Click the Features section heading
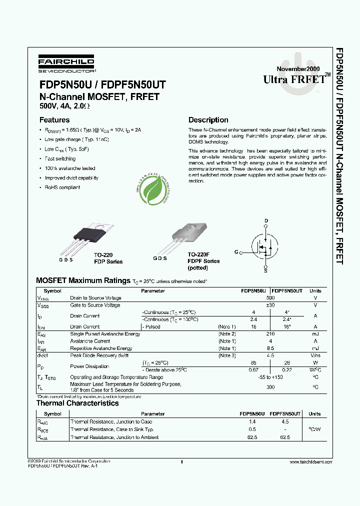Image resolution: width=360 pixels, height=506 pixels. click(54, 120)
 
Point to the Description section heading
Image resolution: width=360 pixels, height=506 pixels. click(208, 120)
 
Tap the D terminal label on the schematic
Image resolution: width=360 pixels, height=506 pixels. click(266, 221)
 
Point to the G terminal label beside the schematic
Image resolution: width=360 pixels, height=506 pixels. click(235, 253)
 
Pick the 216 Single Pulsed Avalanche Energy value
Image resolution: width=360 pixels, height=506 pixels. click(270, 333)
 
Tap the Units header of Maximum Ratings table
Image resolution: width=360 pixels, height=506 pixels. click(315, 290)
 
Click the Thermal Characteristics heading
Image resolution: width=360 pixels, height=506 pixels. click(77, 403)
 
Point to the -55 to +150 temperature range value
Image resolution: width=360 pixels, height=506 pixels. click(270, 377)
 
